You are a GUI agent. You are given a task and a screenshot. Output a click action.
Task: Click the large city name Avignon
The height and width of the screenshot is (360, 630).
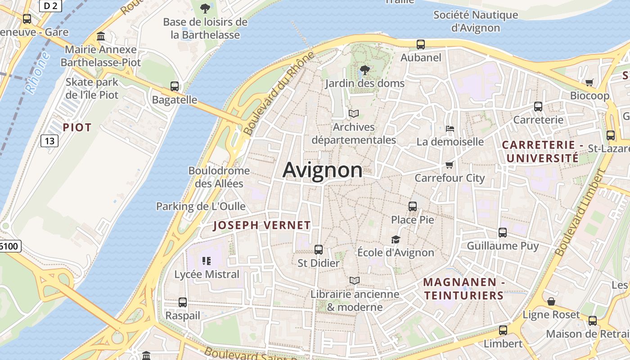pos(322,170)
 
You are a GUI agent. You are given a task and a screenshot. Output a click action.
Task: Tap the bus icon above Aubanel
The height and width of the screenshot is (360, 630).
pos(421,45)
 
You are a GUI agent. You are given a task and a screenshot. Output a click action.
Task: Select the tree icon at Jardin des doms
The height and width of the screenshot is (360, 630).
pos(365,70)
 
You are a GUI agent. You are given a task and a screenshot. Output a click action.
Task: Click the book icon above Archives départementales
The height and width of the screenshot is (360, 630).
pos(354,114)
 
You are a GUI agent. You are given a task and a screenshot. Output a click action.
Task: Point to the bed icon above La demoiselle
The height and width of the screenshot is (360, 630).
pos(450,129)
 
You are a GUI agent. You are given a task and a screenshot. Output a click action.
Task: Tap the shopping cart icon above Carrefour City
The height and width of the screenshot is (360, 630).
pos(449,165)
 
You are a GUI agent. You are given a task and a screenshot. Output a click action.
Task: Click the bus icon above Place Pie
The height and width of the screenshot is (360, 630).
pos(413,207)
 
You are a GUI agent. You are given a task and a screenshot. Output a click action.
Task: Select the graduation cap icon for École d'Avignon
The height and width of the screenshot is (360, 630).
pos(396,239)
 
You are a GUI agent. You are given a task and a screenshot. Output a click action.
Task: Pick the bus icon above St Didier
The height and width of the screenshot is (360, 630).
pos(319,249)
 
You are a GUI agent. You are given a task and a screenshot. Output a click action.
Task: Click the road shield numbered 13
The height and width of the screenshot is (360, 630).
pos(49,141)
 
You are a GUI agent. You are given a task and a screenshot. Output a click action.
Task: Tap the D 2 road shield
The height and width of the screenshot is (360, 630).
pos(51,5)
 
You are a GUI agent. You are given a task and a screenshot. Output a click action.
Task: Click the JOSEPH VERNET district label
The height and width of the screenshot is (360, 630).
pos(262,225)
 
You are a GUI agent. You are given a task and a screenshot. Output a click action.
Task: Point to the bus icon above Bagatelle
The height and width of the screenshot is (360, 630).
pos(175,86)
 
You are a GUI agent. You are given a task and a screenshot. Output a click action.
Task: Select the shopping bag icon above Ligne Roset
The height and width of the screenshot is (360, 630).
pos(551,301)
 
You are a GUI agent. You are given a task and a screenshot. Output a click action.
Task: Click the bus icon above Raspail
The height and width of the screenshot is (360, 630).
pos(183,302)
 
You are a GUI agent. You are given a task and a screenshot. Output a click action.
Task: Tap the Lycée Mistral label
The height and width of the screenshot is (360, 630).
pos(207,274)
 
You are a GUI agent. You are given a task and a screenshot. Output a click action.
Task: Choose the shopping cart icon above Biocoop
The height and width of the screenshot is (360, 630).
pos(589,82)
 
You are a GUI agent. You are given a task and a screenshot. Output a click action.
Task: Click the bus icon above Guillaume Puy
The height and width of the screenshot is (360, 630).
pos(503,233)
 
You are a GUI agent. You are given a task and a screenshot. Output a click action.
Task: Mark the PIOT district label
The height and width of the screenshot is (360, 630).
pos(77,127)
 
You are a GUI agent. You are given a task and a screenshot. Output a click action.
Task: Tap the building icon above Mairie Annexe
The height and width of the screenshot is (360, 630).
pos(101,36)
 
